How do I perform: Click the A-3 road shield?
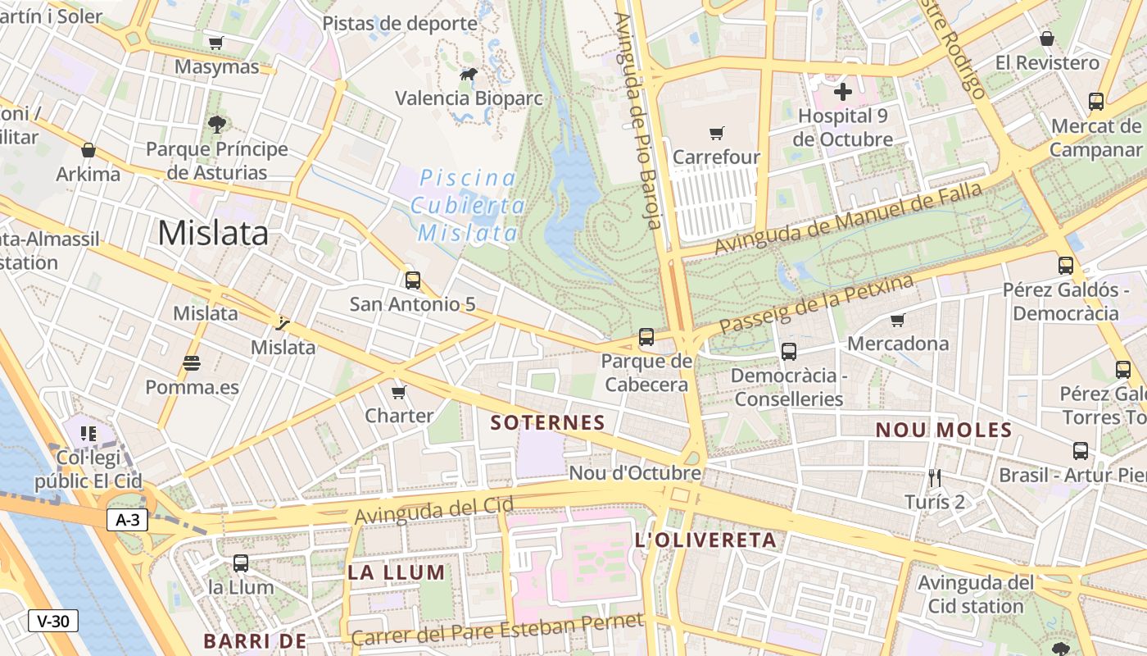point(127,519)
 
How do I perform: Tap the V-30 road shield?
point(53,621)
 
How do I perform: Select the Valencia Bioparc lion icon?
point(469,75)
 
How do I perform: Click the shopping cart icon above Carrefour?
point(717,132)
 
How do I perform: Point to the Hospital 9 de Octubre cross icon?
point(842,91)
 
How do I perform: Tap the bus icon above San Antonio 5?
point(413,280)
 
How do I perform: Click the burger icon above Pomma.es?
point(192,362)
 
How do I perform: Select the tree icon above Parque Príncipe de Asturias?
point(216,125)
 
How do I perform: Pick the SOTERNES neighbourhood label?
point(547,423)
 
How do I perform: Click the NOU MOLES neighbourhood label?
point(944,430)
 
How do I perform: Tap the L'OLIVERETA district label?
point(705,540)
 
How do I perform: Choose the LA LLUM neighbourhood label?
point(397,572)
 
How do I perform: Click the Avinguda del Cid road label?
point(434,510)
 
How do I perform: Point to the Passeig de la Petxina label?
point(816,304)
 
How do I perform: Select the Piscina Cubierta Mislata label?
point(469,206)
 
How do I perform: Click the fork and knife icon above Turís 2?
point(934,477)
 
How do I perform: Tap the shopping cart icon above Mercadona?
point(898,320)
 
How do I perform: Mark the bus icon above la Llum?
point(240,563)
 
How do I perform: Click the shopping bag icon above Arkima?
point(88,150)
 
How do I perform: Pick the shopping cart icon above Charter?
point(399,392)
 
